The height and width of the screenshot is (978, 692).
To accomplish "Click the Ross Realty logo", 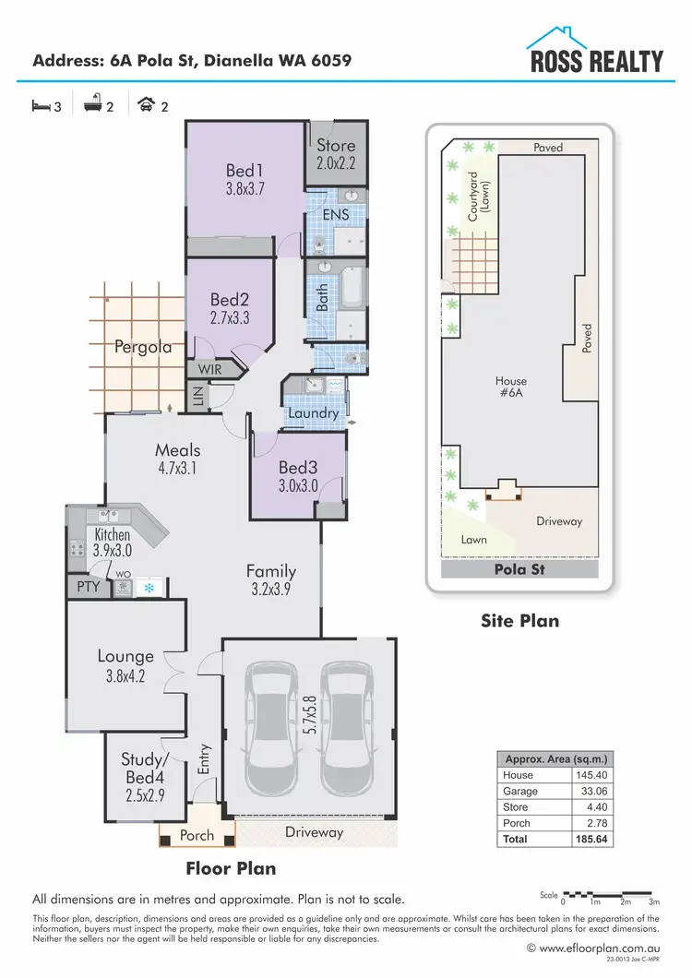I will pyautogui.click(x=594, y=51).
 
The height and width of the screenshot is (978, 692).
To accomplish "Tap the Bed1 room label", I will pyautogui.click(x=245, y=171).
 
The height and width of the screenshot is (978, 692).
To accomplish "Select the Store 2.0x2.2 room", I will pyautogui.click(x=336, y=153).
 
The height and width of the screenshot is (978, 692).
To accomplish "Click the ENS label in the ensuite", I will pyautogui.click(x=335, y=214).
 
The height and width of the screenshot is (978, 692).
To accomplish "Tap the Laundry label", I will pyautogui.click(x=313, y=413).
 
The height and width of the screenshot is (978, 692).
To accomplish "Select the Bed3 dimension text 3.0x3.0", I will pyautogui.click(x=298, y=484).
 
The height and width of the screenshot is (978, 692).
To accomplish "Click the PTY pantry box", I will pyautogui.click(x=88, y=586).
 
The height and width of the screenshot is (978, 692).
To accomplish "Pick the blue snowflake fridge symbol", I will pyautogui.click(x=148, y=586).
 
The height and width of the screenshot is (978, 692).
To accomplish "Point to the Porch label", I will pyautogui.click(x=196, y=836).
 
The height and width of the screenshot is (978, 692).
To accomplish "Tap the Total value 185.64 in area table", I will pyautogui.click(x=588, y=840).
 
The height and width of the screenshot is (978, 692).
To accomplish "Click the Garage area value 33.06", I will pyautogui.click(x=588, y=792).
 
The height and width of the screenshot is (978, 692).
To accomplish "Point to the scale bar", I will pyautogui.click(x=610, y=894).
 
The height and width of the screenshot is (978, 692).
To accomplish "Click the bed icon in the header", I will pyautogui.click(x=41, y=106).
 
